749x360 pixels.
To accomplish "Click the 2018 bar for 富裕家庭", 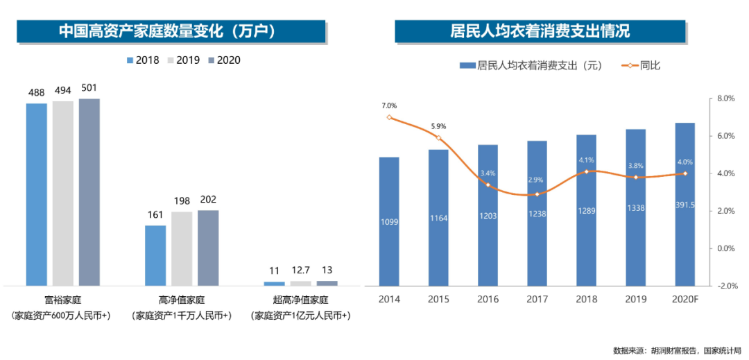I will (37, 194).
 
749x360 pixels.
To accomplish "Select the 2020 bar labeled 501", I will (89, 192).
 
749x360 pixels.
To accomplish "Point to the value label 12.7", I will (300, 271).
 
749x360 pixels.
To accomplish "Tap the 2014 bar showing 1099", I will (389, 221).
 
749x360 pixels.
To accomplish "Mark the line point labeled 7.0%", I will (389, 117).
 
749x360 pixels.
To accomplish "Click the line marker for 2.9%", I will (537, 194).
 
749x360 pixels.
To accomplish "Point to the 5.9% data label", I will (438, 126).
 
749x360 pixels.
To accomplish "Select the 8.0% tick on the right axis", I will (725, 99).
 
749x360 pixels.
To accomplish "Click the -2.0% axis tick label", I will (724, 286).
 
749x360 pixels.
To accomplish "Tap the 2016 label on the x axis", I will (488, 300).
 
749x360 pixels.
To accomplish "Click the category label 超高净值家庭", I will (301, 300).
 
